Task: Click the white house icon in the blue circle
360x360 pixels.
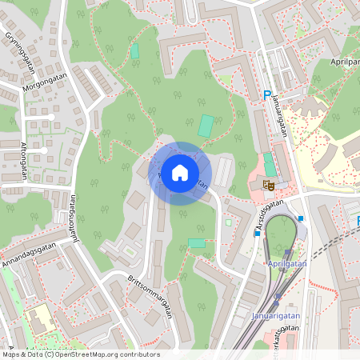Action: [180, 172]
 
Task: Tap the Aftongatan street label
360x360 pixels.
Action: [22, 154]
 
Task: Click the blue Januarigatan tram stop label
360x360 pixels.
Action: [274, 314]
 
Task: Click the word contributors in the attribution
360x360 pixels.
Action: [141, 354]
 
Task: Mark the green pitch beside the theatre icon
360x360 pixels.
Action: [270, 166]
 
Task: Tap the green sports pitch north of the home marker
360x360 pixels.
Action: [206, 126]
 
